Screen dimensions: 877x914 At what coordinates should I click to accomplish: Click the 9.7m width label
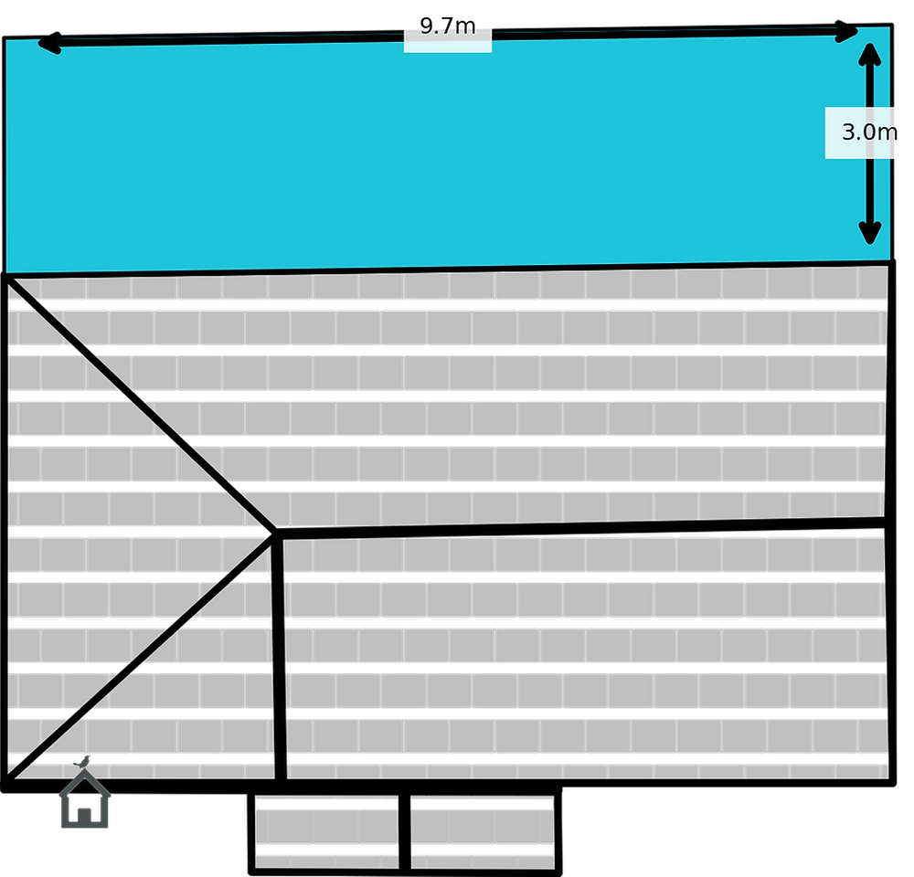pyautogui.click(x=448, y=26)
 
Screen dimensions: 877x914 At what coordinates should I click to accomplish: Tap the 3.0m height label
pyautogui.click(x=868, y=132)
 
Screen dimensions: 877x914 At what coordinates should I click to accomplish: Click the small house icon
pyautogui.click(x=85, y=801)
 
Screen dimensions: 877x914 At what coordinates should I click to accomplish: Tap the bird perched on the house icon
pyautogui.click(x=83, y=760)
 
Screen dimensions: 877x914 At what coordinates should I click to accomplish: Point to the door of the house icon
pyautogui.click(x=84, y=813)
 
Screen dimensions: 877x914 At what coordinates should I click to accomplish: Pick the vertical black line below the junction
pyautogui.click(x=281, y=658)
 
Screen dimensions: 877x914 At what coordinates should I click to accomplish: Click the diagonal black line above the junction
pyautogui.click(x=137, y=402)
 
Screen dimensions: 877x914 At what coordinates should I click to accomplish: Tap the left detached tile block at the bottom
pyautogui.click(x=326, y=827)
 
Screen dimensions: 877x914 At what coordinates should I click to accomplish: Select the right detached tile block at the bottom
pyautogui.click(x=482, y=827)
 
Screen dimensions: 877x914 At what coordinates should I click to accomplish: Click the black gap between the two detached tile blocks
pyautogui.click(x=404, y=827)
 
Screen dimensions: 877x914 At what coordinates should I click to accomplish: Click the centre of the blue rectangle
pyautogui.click(x=448, y=151)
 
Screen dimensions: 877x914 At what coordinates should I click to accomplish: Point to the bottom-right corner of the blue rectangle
pyautogui.click(x=888, y=264)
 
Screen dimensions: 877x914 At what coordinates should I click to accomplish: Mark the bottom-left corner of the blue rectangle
pyautogui.click(x=7, y=272)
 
